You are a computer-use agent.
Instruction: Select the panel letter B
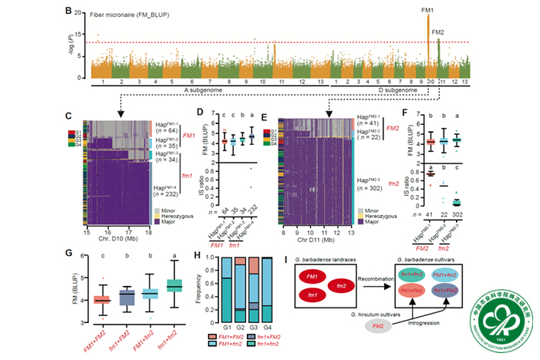click(x=69, y=12)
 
